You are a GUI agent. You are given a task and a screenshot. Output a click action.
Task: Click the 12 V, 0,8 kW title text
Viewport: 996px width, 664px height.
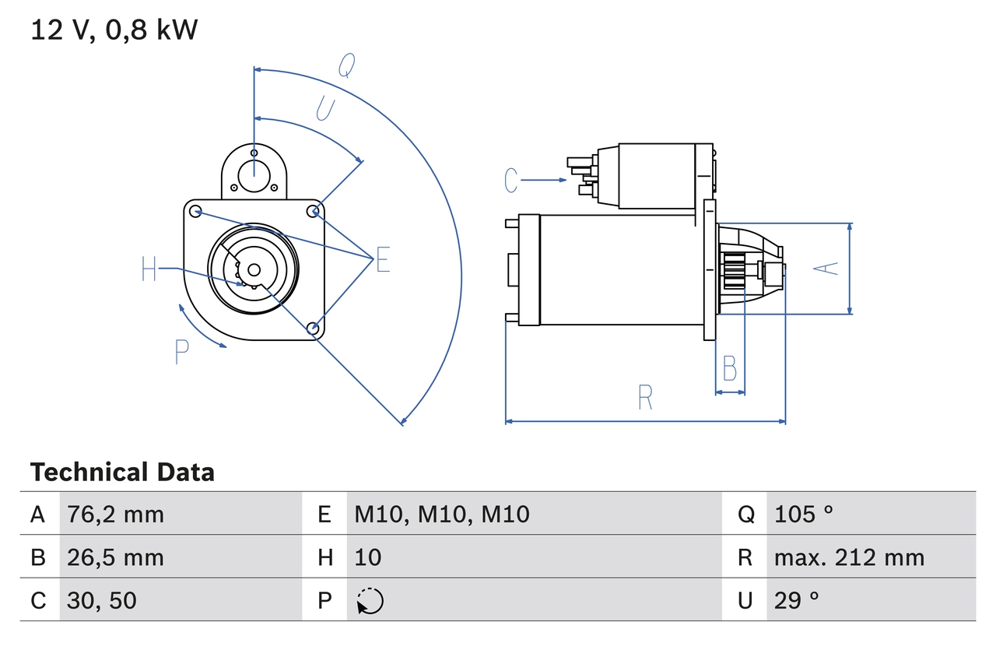point(114,30)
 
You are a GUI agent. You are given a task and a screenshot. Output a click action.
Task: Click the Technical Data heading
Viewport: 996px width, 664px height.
point(122,472)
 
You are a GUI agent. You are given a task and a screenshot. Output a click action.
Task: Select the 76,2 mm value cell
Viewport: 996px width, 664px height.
point(116,514)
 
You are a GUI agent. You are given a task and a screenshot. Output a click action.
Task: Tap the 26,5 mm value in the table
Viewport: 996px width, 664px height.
point(116,557)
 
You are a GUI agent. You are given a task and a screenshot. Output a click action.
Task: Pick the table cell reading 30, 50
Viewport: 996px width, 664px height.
point(102,600)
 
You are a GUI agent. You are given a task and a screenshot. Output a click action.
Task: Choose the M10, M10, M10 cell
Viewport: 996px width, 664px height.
point(442,514)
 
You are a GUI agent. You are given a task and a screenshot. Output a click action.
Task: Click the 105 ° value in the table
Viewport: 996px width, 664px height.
point(804,514)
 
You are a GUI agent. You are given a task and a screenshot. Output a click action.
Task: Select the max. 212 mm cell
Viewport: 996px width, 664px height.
point(849,557)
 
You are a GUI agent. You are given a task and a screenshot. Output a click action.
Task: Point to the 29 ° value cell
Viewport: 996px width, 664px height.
point(797,600)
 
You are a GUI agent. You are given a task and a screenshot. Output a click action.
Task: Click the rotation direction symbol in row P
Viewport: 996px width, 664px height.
point(370,601)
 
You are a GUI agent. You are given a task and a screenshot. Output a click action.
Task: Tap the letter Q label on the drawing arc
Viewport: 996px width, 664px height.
point(347,68)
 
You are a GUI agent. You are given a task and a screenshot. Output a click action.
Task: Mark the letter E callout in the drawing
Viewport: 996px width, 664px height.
point(382,261)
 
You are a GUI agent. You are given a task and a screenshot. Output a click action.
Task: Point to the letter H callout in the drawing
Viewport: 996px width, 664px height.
point(149,269)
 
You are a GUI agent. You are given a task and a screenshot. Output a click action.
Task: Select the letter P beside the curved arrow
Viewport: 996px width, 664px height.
point(181,353)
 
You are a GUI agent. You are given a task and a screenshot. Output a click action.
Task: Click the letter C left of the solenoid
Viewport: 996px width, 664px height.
point(510,181)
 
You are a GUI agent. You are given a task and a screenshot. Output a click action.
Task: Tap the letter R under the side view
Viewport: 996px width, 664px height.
point(645,398)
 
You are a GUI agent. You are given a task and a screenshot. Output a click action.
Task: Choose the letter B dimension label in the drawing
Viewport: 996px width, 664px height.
point(729,368)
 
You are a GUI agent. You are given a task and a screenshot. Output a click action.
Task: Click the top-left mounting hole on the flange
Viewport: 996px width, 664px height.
point(196,211)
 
